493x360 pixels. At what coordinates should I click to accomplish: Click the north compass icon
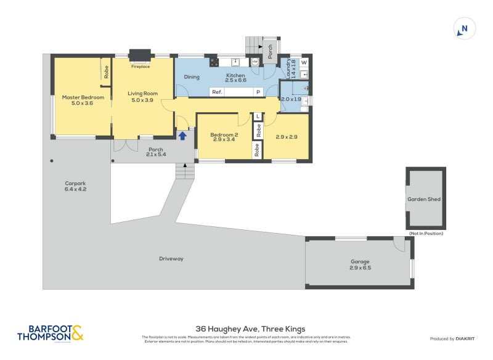click(x=465, y=28)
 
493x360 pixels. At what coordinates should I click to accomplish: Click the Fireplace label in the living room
click(x=140, y=66)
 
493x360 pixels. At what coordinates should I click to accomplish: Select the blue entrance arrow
click(x=183, y=135)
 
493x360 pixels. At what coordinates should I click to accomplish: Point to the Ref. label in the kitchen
click(x=217, y=92)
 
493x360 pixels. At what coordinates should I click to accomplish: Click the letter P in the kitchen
click(x=259, y=92)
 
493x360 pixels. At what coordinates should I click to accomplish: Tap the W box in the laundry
click(x=304, y=63)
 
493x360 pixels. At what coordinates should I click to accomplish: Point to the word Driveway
click(x=171, y=258)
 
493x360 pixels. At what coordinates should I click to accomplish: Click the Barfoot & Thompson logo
click(x=49, y=333)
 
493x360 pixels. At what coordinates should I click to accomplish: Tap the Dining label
click(x=192, y=77)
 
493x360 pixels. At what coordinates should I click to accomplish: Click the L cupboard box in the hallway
click(x=258, y=117)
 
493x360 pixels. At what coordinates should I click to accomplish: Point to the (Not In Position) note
click(x=426, y=234)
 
